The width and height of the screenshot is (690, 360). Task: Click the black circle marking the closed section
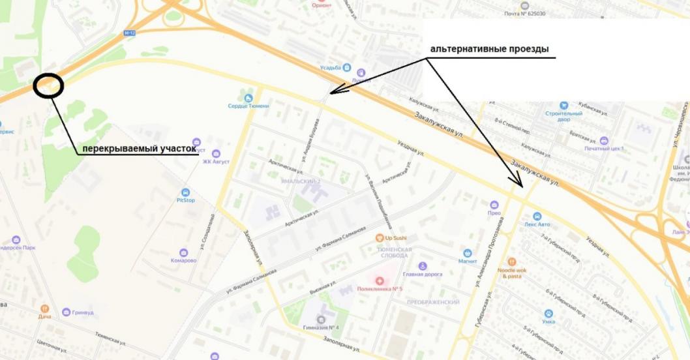point(49,86)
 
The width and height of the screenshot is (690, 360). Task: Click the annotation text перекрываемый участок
point(138,149)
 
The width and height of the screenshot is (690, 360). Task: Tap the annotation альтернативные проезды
point(488,50)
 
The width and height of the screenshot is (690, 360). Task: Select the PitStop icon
point(185,192)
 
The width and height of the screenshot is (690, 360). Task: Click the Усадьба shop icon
point(346,67)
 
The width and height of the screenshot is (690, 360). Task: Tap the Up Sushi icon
point(380,238)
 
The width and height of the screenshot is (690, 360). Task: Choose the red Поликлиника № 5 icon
point(380,280)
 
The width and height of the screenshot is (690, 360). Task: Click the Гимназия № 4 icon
point(321,319)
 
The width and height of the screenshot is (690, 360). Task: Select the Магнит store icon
point(467,253)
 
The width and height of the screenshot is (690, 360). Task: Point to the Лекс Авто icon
point(537,216)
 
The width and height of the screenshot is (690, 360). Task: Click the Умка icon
point(548,313)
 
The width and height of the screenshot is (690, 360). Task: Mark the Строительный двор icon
point(563,105)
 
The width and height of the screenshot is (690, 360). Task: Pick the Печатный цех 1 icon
point(603,140)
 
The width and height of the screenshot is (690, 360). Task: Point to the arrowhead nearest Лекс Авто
point(518,183)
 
